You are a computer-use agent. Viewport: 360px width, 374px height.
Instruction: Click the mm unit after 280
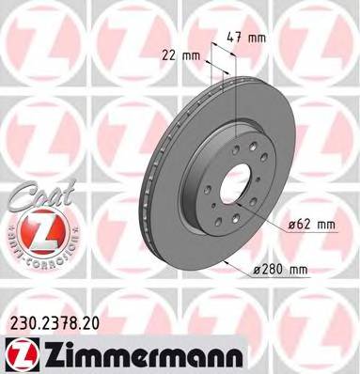click(299, 271)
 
